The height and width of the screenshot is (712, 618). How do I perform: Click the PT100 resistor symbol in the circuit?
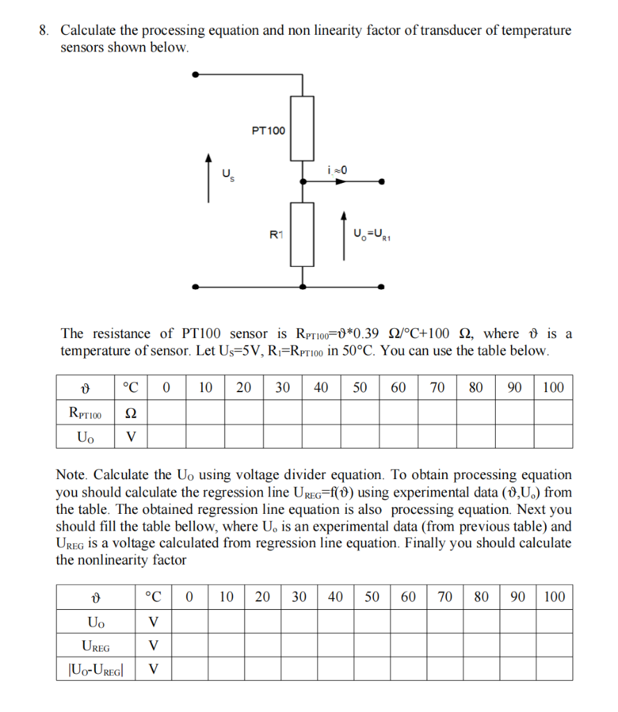pyautogui.click(x=302, y=129)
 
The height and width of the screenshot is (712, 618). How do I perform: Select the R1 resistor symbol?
pyautogui.click(x=302, y=234)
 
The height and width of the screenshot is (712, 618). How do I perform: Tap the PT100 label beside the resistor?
pyautogui.click(x=268, y=130)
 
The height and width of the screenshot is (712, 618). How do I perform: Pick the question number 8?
pyautogui.click(x=43, y=31)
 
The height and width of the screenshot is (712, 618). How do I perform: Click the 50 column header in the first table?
pyautogui.click(x=359, y=388)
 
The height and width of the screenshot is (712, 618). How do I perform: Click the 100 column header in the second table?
pyautogui.click(x=554, y=597)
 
